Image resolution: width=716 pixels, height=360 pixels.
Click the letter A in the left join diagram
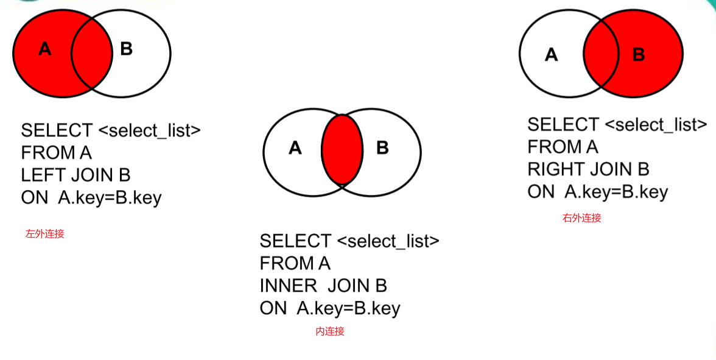click(x=44, y=49)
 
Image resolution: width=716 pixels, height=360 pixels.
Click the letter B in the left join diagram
click(x=126, y=49)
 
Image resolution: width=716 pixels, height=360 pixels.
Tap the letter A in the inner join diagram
click(x=295, y=148)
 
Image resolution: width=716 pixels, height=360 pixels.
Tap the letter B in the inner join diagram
click(x=382, y=148)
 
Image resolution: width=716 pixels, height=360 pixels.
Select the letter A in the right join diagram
click(x=551, y=55)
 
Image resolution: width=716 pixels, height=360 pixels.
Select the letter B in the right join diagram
click(x=639, y=55)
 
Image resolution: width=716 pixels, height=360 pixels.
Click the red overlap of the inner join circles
click(x=342, y=149)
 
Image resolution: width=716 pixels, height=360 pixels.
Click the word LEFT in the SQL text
click(x=43, y=175)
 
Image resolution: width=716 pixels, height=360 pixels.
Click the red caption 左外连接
click(x=44, y=234)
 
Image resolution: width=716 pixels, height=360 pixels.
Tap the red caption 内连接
click(x=330, y=331)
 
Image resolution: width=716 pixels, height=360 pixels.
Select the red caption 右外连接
click(x=581, y=218)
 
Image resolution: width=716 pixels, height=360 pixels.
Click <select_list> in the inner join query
click(x=388, y=241)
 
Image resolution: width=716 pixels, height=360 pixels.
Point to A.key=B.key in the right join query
click(x=616, y=192)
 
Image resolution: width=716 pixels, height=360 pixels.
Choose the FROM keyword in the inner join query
click(x=281, y=264)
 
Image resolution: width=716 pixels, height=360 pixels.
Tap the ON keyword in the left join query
click(x=33, y=198)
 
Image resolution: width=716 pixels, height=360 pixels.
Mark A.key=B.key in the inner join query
click(x=348, y=308)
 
